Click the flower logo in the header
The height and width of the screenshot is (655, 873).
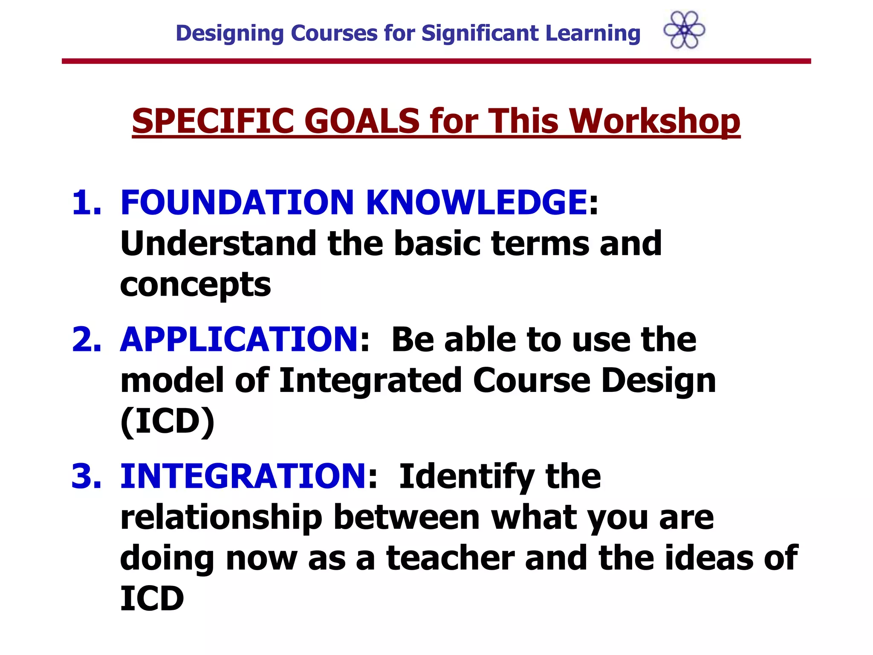tap(684, 30)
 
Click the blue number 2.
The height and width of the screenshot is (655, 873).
tap(87, 339)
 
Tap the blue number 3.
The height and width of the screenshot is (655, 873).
tap(87, 476)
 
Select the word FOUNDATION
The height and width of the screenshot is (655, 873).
tap(237, 202)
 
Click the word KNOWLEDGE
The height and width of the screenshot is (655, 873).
tap(477, 202)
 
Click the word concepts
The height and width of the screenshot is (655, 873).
tap(195, 285)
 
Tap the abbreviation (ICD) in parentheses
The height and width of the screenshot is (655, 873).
tap(168, 421)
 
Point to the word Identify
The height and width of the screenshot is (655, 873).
tap(466, 477)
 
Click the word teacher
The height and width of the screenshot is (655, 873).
tap(450, 558)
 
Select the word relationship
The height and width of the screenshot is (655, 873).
tap(221, 518)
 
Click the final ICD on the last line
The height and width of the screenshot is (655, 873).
tap(152, 599)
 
